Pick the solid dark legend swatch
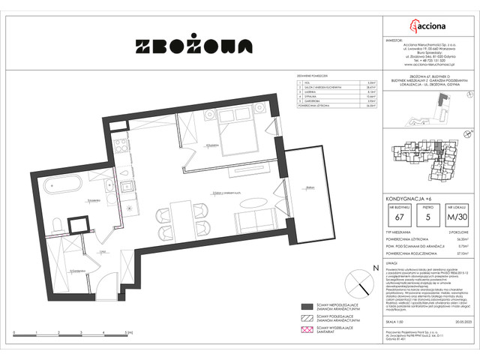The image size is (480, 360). pyautogui.click(x=307, y=307)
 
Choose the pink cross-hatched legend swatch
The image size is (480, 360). pyautogui.click(x=307, y=331)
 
